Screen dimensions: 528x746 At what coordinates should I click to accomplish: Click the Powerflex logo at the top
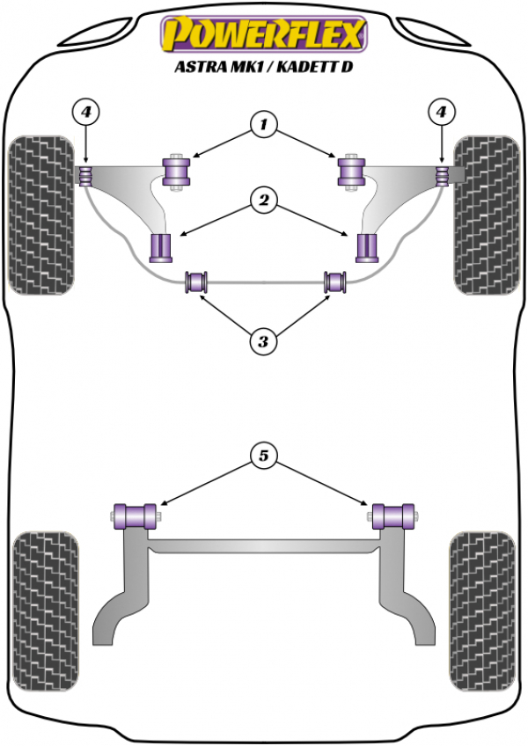[x=264, y=34]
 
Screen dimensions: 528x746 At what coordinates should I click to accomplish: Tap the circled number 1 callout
[x=263, y=125]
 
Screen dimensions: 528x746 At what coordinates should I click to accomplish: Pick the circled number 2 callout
[x=263, y=200]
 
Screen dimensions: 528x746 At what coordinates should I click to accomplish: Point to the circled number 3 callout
[x=263, y=341]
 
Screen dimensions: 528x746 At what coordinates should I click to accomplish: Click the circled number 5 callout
[x=263, y=456]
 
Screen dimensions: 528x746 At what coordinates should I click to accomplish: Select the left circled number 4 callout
[x=85, y=113]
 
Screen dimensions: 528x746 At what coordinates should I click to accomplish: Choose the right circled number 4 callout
[x=442, y=113]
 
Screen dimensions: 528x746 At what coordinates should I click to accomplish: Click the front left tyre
[x=41, y=215]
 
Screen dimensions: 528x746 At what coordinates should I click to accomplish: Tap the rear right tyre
[x=483, y=611]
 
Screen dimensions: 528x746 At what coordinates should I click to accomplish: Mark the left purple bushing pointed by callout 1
[x=176, y=172]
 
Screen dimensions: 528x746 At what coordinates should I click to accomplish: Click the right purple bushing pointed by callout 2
[x=367, y=248]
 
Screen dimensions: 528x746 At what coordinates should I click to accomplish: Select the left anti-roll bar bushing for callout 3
[x=196, y=282]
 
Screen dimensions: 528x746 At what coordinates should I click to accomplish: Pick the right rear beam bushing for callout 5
[x=392, y=516]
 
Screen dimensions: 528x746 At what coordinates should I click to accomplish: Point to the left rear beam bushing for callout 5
[x=136, y=516]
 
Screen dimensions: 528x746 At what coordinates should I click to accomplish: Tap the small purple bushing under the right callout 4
[x=443, y=176]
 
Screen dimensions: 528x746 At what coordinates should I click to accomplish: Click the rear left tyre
[x=45, y=611]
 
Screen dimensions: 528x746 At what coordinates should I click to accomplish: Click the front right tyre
[x=487, y=215]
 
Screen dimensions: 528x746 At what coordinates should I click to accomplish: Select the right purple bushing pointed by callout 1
[x=351, y=172]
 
